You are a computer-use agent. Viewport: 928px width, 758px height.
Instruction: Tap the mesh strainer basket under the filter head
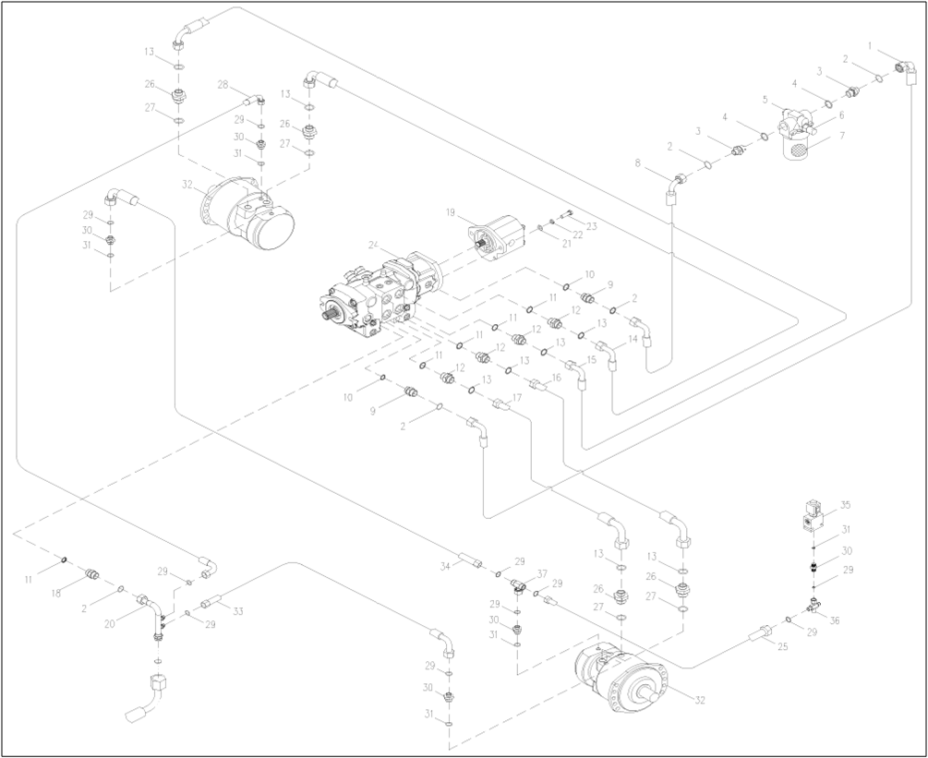(x=795, y=150)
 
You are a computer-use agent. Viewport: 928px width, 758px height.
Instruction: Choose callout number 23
(x=592, y=226)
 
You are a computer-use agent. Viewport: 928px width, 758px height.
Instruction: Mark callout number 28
(x=223, y=84)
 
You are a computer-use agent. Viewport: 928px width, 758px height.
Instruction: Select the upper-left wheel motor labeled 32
(x=251, y=215)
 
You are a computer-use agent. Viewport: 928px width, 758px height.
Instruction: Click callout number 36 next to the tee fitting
(x=835, y=620)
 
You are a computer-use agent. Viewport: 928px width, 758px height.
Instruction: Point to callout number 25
(x=782, y=647)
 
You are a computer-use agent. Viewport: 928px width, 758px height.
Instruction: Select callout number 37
(x=542, y=573)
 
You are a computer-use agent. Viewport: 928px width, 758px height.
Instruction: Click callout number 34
(x=446, y=565)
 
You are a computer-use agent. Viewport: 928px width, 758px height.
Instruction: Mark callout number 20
(x=112, y=623)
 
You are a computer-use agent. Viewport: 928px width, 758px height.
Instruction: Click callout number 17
(x=515, y=398)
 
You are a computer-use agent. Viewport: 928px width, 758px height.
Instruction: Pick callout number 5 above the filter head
(x=765, y=98)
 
